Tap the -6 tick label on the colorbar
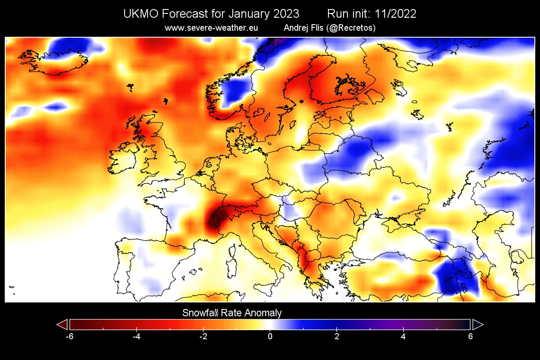tap(69, 336)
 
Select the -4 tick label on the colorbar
tap(136, 336)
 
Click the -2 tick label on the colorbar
tap(202, 336)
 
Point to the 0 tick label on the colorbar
tap(270, 336)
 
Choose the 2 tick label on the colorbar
tap(337, 336)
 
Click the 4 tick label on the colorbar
tap(403, 336)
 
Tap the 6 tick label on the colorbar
tap(470, 336)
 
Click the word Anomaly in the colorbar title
tap(262, 313)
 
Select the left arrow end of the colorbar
tap(62, 325)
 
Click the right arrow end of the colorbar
tap(478, 325)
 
